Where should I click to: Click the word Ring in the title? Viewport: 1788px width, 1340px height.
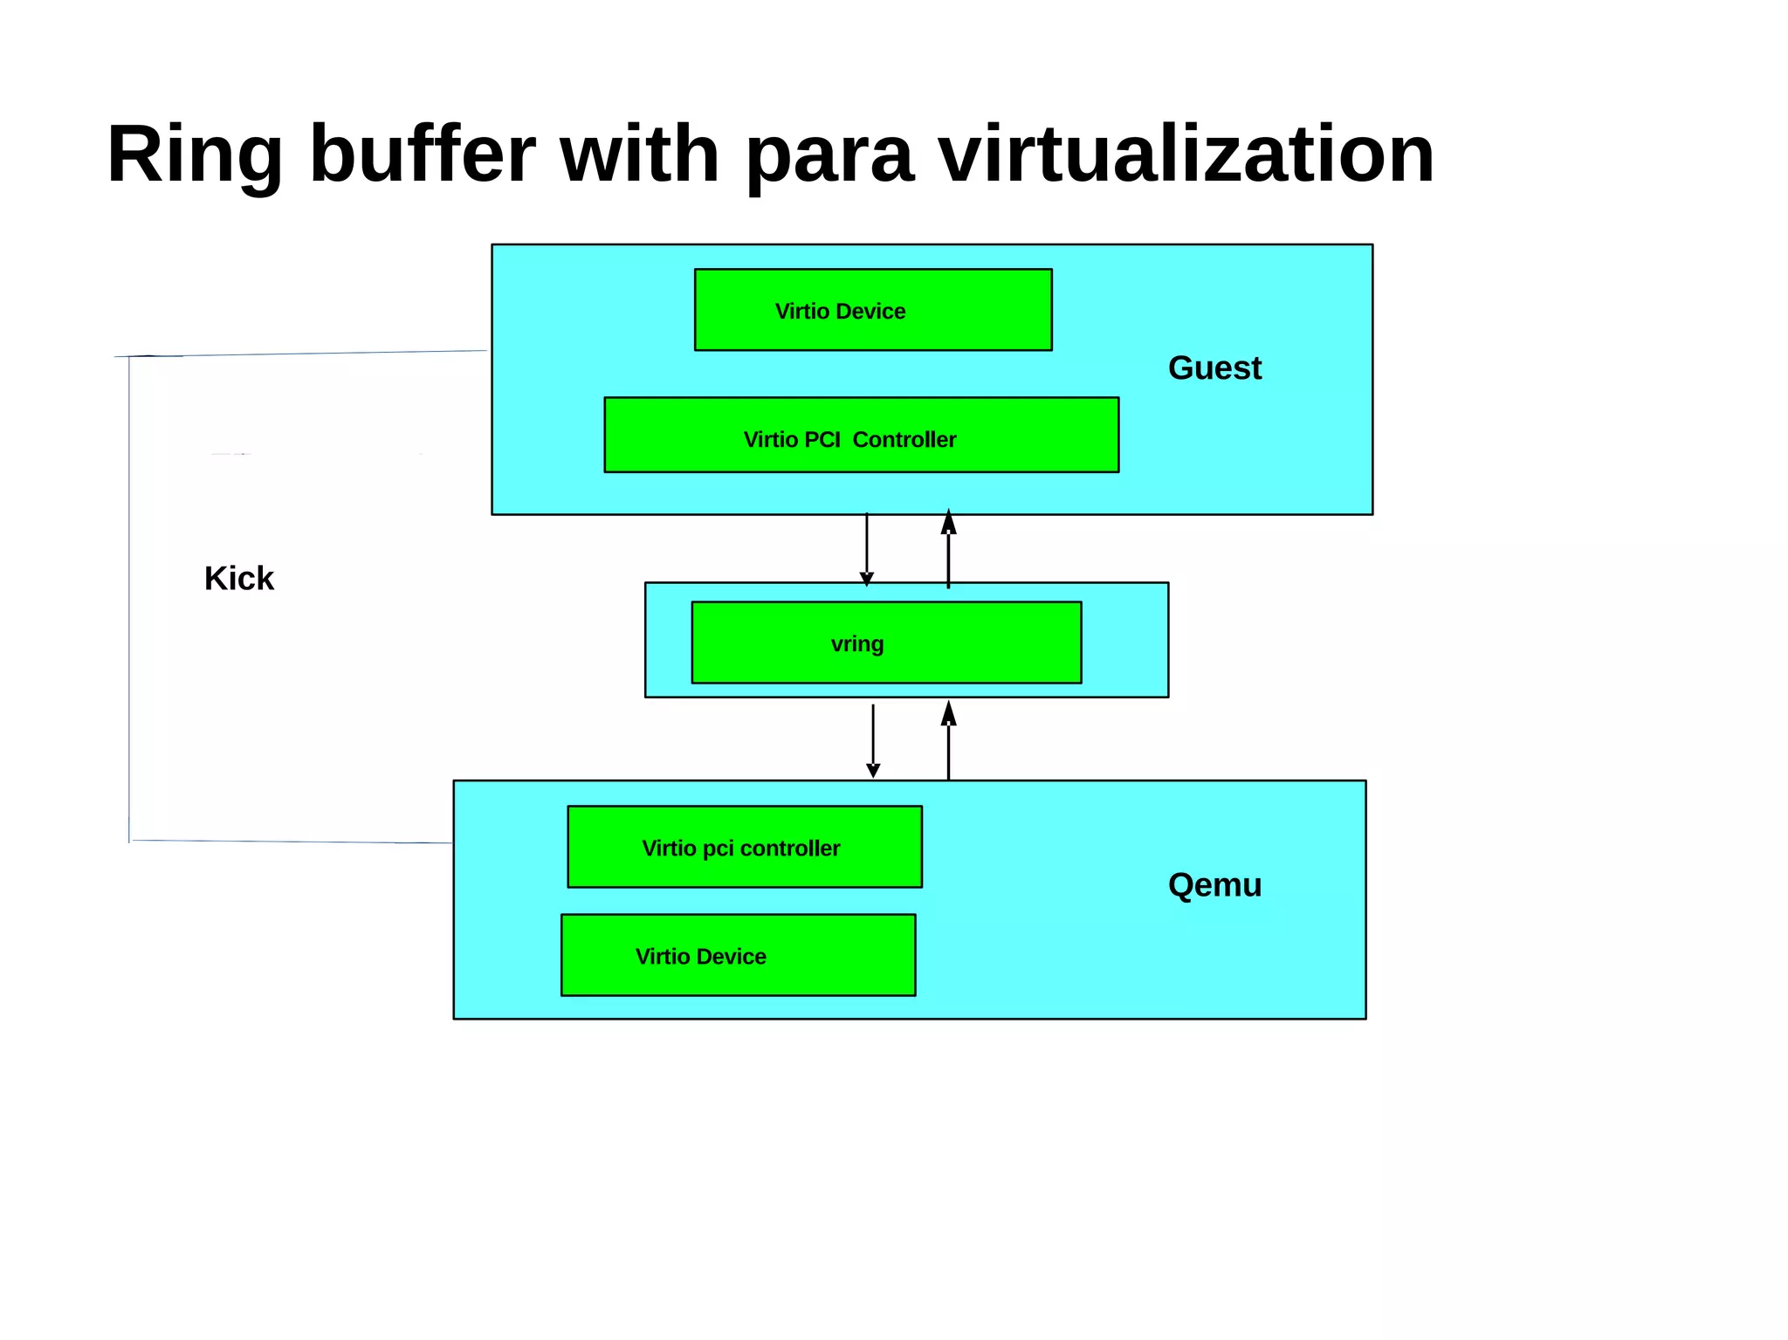pos(194,155)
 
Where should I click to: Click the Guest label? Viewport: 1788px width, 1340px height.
pos(1214,368)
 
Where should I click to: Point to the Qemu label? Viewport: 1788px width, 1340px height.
pos(1214,885)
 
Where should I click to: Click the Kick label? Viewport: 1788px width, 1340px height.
pos(238,579)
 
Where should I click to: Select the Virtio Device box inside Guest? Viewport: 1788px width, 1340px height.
pos(873,310)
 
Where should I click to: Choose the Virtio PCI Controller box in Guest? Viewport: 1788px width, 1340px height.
pos(861,436)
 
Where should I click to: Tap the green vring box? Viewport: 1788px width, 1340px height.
pos(886,643)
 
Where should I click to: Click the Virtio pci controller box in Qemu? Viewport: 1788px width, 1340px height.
pos(744,847)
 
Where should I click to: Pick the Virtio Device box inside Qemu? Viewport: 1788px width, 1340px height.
pos(738,955)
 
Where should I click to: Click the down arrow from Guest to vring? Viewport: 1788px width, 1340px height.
pos(866,550)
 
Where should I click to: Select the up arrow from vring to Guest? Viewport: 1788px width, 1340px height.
pos(948,550)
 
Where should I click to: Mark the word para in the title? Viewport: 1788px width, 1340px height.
pos(829,155)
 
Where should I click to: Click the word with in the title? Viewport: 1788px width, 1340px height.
pos(639,155)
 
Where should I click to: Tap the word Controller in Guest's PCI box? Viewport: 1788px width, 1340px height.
pos(904,440)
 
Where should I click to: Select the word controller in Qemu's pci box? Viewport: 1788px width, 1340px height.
pos(789,849)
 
